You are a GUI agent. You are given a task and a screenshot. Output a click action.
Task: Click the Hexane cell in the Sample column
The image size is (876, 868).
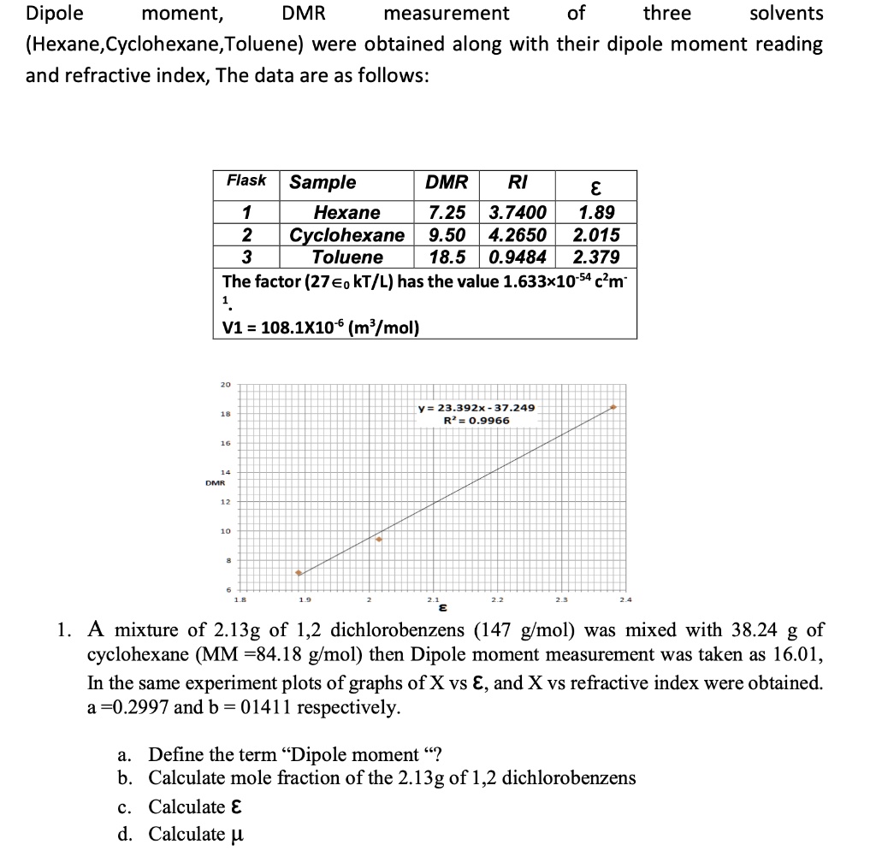[346, 212]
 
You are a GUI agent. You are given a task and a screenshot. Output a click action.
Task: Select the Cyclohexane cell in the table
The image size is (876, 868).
[346, 235]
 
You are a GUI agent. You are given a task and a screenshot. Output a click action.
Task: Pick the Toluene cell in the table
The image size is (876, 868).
[346, 257]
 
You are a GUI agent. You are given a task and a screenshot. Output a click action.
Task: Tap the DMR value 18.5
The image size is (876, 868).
[447, 257]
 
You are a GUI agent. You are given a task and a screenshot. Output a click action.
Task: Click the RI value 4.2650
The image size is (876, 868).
[517, 235]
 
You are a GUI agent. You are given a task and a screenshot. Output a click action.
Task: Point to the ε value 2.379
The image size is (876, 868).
[595, 257]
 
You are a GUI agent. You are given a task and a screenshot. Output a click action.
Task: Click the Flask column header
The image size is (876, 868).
[246, 180]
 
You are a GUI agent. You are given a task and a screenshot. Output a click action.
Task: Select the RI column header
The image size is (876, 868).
[517, 181]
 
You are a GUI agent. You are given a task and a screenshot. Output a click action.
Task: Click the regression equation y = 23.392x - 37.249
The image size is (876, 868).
[476, 408]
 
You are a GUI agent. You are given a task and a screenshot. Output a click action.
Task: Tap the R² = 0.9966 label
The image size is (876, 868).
[476, 420]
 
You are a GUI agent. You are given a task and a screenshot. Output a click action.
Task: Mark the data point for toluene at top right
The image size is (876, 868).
[613, 408]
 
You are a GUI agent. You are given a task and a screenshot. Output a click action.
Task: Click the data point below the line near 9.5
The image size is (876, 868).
[379, 540]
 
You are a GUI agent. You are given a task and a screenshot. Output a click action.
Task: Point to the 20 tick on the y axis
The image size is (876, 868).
[225, 385]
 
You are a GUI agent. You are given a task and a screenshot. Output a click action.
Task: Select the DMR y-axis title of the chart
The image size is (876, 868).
[216, 483]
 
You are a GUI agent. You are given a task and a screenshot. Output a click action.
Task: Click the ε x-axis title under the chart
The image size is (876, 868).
[442, 609]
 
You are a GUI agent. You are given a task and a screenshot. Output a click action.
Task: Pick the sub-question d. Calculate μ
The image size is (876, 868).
[181, 834]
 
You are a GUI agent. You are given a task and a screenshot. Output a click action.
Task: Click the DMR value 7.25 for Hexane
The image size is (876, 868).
[447, 212]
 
